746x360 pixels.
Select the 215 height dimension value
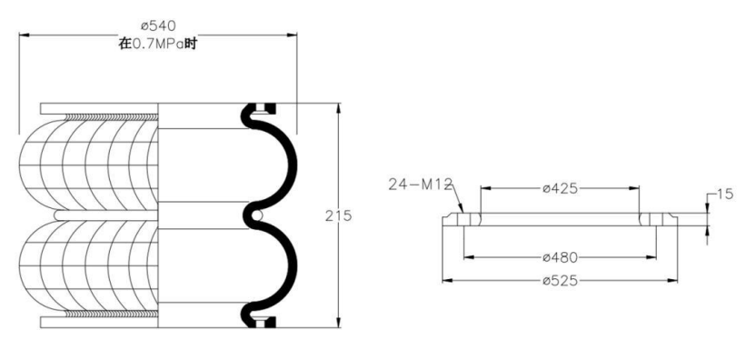tap(338, 215)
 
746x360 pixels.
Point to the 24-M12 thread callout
tap(419, 185)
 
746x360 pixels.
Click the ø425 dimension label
tap(560, 188)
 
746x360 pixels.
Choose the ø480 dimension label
tap(560, 257)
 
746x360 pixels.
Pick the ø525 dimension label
tap(560, 281)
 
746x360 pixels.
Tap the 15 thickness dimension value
tap(725, 195)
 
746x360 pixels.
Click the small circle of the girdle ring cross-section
tap(256, 215)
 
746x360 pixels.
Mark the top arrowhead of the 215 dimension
tap(338, 107)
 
